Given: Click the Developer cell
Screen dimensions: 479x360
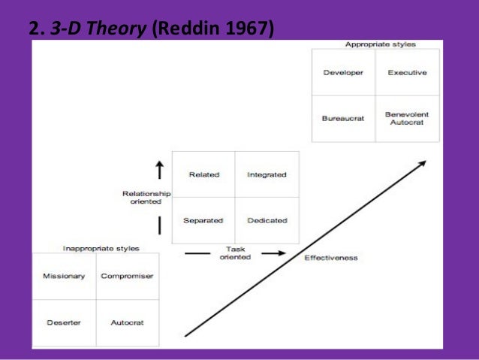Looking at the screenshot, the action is point(343,73).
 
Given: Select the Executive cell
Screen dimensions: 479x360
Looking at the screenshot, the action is point(407,73).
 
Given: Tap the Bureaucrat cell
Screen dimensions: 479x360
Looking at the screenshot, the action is point(343,118).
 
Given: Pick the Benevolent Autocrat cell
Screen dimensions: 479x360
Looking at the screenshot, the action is point(407,118).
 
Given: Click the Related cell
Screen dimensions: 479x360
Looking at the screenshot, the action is point(204,174).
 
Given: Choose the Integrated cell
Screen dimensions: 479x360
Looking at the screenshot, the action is point(267,174).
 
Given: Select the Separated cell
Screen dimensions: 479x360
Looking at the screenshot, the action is point(204,220).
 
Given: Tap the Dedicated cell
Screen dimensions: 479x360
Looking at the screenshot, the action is point(267,220).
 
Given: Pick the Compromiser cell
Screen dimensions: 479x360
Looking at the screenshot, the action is point(127,276).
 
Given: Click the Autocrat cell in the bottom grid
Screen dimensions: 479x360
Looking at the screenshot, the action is point(127,322).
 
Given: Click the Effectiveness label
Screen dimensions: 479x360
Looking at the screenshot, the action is point(331,258).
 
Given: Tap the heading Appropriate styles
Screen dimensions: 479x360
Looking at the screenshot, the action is point(380,45).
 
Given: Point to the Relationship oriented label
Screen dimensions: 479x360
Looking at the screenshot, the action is point(146,197).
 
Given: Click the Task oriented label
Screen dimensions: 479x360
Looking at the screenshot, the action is point(235,253).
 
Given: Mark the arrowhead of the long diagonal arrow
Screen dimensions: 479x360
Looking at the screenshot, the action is point(423,163).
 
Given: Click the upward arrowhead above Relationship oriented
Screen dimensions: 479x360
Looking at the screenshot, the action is point(159,165).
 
